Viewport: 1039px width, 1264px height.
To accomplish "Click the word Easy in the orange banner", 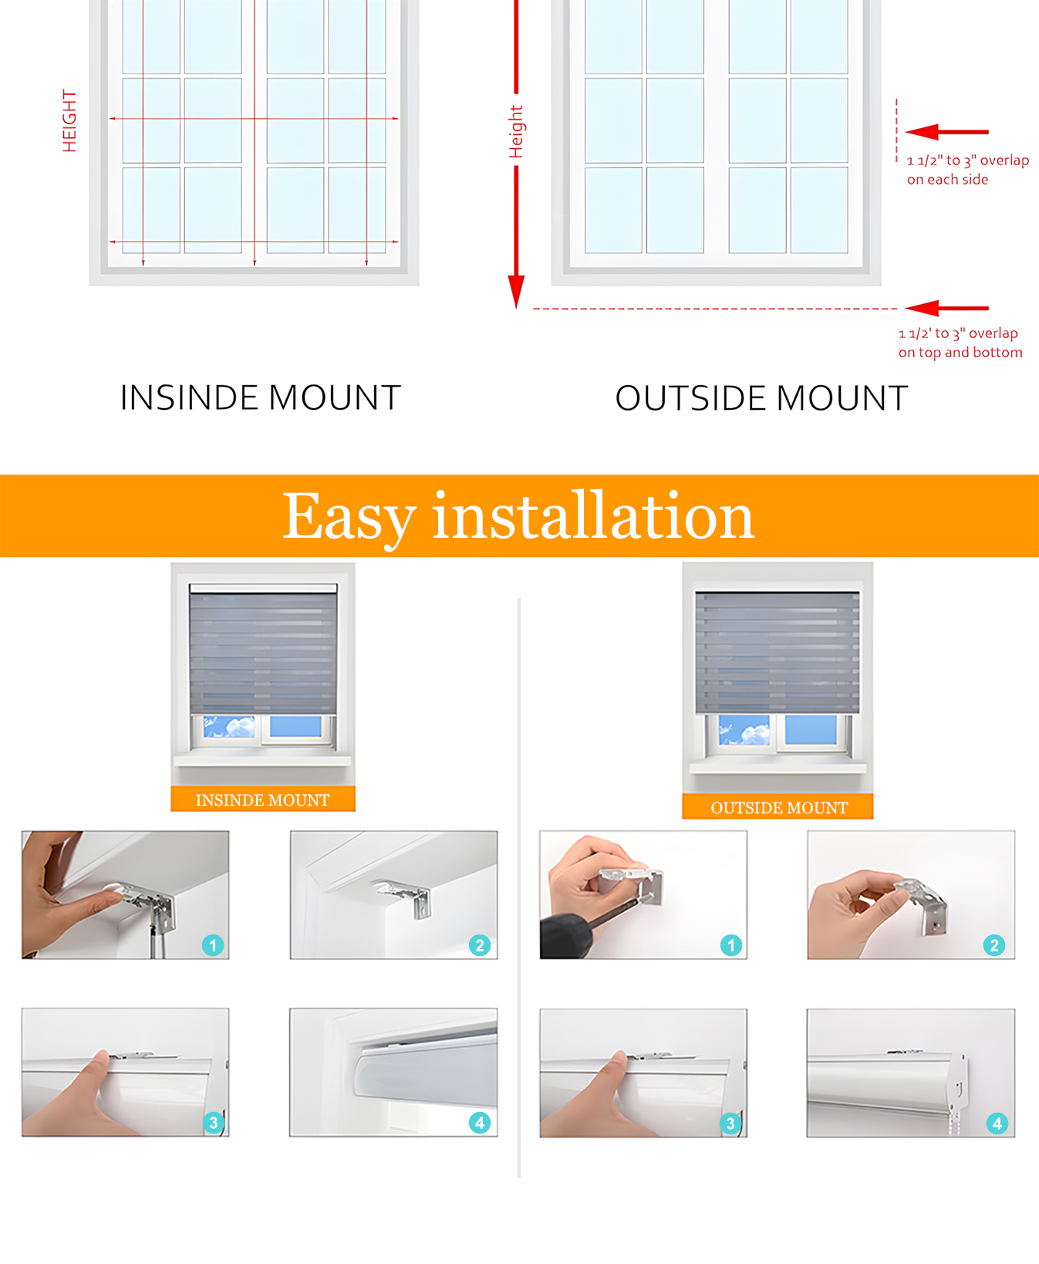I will click(x=349, y=517).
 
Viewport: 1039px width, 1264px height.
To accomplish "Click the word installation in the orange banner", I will click(x=592, y=517).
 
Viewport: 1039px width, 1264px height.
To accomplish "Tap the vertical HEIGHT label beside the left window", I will click(x=69, y=121).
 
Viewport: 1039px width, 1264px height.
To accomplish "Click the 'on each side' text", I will click(x=947, y=180).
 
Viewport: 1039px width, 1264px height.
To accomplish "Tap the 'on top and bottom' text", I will click(x=960, y=353).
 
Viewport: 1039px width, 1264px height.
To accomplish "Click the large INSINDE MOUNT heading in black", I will click(x=261, y=398).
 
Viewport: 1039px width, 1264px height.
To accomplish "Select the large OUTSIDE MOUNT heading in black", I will click(x=761, y=398).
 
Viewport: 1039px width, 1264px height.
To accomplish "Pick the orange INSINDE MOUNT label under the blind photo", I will click(x=262, y=799).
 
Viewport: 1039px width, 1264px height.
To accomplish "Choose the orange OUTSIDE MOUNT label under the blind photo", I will click(x=778, y=807).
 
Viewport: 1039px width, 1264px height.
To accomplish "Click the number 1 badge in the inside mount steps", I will click(x=213, y=945).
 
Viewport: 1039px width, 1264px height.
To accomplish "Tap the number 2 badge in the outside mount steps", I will click(x=993, y=945).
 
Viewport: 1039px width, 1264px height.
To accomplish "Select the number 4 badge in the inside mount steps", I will click(x=479, y=1122).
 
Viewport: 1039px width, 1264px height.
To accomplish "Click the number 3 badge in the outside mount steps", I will click(x=730, y=1123).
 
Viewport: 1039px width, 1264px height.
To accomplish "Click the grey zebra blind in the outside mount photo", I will click(x=777, y=653).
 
